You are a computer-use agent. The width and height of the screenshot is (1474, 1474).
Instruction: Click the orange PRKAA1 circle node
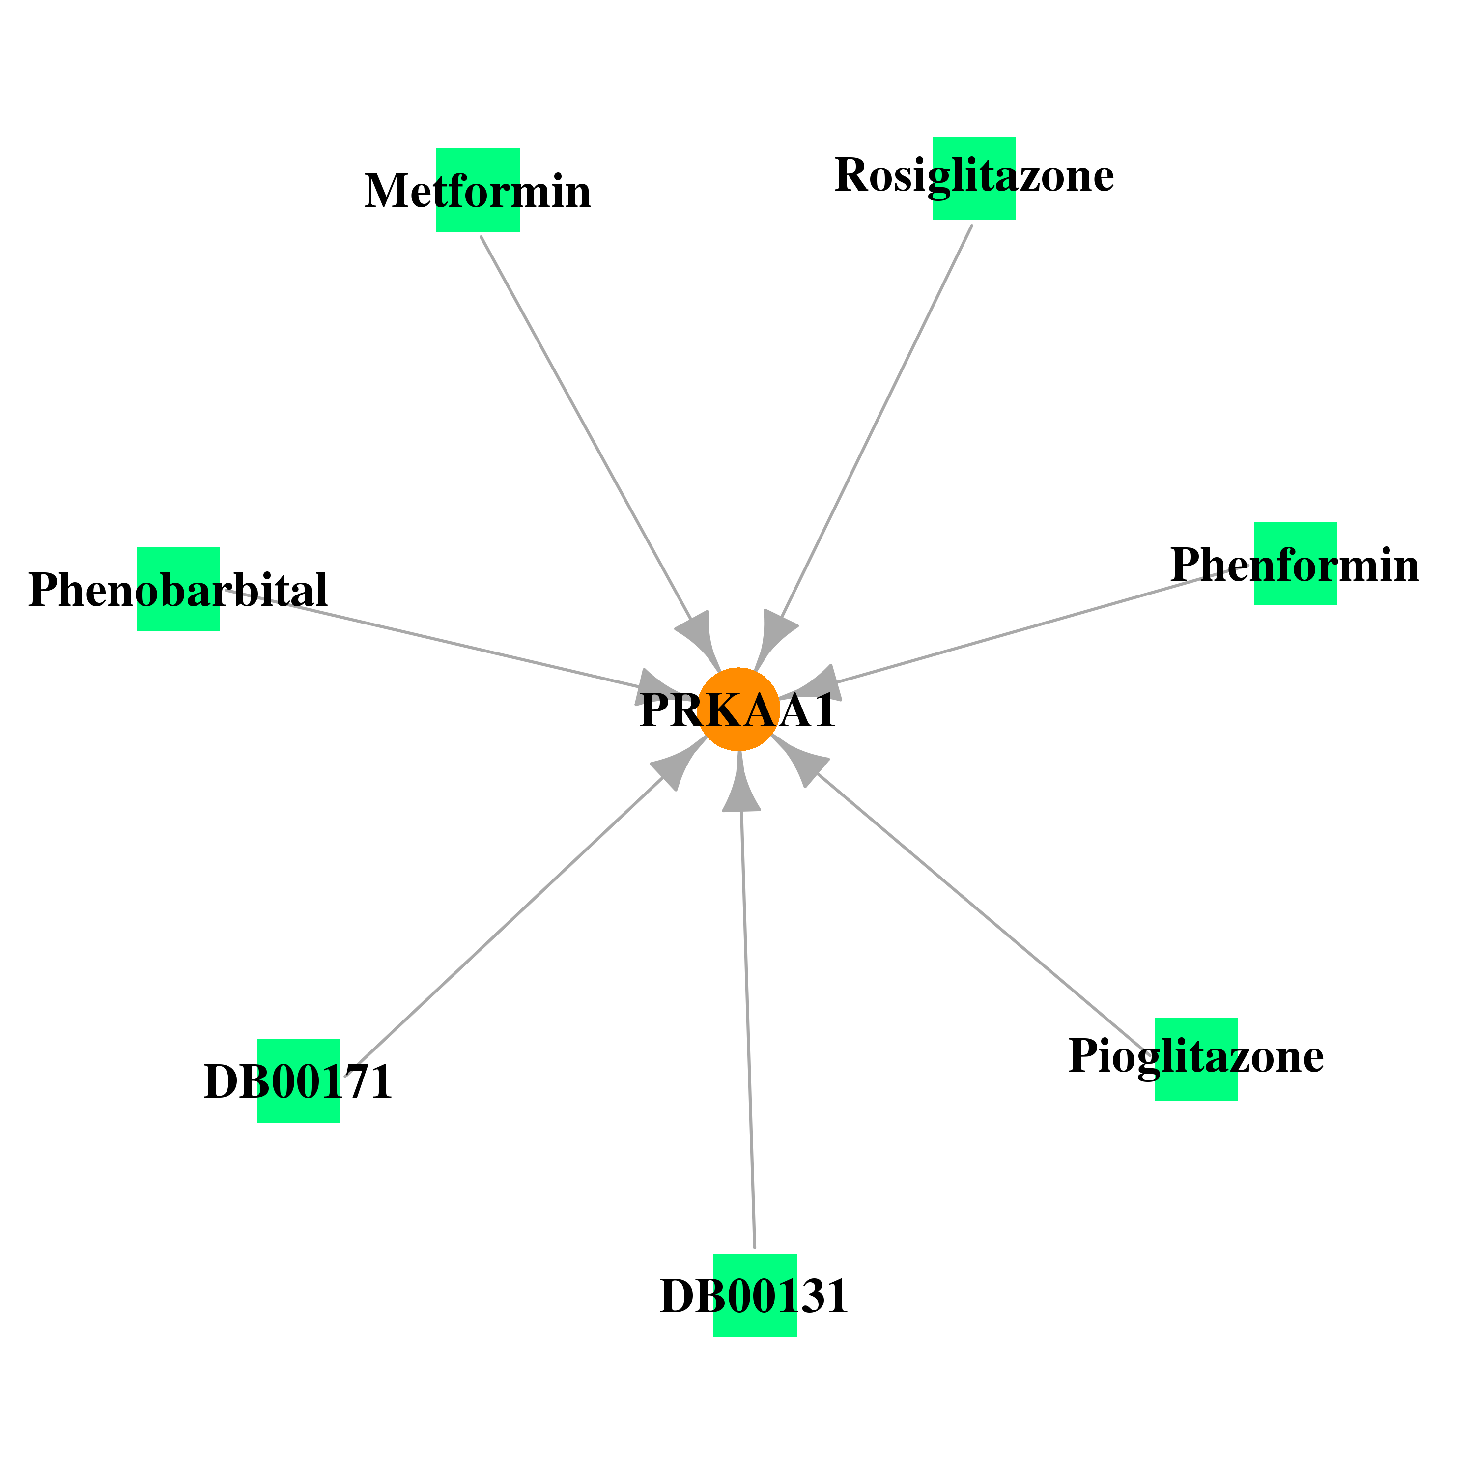pos(738,709)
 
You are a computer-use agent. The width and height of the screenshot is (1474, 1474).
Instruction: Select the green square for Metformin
pos(478,190)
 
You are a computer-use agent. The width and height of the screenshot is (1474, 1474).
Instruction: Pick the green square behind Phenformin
pos(1296,564)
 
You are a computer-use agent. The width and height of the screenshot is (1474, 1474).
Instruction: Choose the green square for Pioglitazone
pos(1196,1059)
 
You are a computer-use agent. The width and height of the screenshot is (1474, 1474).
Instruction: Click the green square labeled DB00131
pos(755,1296)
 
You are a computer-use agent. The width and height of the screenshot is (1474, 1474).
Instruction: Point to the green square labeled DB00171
pos(298,1080)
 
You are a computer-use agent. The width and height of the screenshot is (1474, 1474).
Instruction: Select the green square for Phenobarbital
pos(178,589)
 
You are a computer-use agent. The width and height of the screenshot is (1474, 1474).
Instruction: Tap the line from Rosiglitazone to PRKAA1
pos(877,422)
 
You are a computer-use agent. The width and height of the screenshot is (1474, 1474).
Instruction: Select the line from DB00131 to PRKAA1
pos(748,1030)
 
